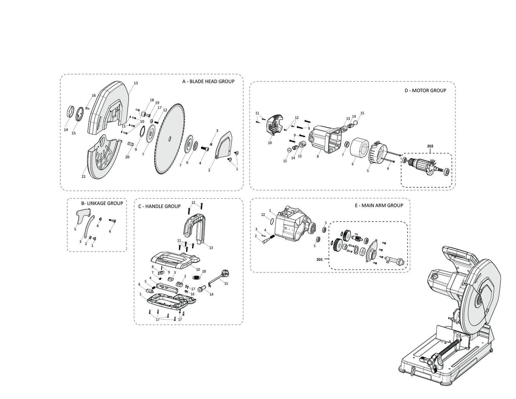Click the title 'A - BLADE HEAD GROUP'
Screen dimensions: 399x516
pos(208,81)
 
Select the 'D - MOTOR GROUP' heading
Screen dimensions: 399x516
pos(425,91)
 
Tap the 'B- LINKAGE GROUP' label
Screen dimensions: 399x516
pos(102,203)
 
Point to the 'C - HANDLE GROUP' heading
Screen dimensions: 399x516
pos(159,206)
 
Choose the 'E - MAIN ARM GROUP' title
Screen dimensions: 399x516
pos(379,206)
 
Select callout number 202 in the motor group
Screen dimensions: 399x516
pos(430,147)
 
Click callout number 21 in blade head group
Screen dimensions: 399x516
pos(83,177)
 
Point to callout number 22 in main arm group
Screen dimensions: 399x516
pos(264,215)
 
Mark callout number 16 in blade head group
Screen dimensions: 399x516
pos(94,95)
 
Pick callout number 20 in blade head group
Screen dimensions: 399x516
pos(127,157)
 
